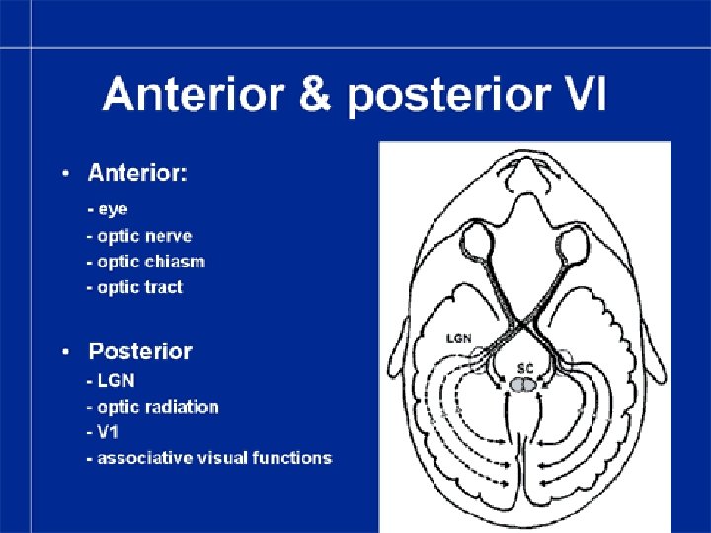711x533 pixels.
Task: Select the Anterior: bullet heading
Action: (138, 174)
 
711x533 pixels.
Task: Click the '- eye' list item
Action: (108, 209)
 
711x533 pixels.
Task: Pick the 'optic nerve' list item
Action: (139, 236)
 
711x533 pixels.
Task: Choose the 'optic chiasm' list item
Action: (146, 262)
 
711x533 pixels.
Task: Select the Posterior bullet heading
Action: (140, 351)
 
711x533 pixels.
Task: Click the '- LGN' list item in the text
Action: (110, 381)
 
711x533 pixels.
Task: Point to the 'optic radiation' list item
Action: (153, 407)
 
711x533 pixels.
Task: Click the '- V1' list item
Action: (104, 432)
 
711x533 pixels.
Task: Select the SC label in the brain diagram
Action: (526, 367)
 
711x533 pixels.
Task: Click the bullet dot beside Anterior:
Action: (65, 175)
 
